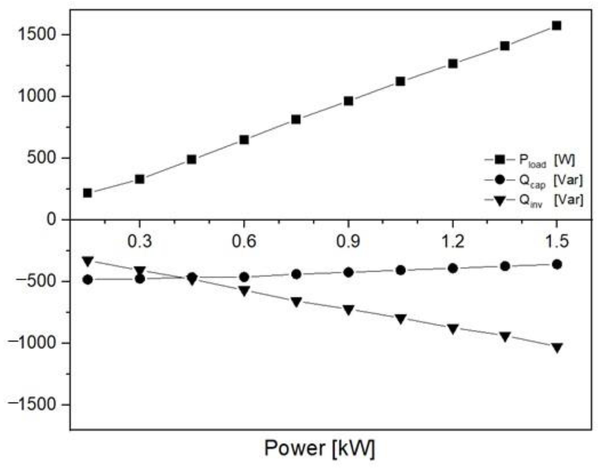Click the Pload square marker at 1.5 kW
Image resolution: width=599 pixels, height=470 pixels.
[x=556, y=26]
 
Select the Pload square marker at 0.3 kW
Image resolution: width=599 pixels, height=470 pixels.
[x=140, y=179]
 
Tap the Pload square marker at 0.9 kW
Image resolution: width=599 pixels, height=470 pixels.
[x=348, y=101]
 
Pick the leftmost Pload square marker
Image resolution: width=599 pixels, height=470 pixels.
[x=87, y=193]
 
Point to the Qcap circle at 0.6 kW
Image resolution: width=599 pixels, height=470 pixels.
[x=244, y=277]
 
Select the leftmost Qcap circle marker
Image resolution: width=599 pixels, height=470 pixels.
[x=88, y=280]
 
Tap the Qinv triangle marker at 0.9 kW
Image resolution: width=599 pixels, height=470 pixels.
[x=348, y=309]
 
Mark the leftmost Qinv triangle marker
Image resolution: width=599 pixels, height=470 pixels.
[x=88, y=261]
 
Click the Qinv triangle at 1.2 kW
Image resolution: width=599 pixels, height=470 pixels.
[x=453, y=328]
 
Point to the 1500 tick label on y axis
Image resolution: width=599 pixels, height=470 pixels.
[x=36, y=35]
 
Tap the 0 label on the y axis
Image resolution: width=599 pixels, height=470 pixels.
[x=51, y=220]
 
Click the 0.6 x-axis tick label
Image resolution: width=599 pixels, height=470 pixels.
[x=244, y=241]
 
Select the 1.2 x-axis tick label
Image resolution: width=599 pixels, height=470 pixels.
[x=453, y=241]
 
